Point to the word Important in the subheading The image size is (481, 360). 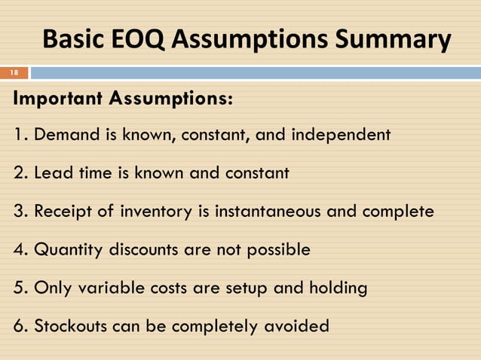(x=59, y=99)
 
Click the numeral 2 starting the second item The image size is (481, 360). (x=17, y=173)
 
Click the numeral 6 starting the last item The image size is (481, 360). (x=17, y=326)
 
